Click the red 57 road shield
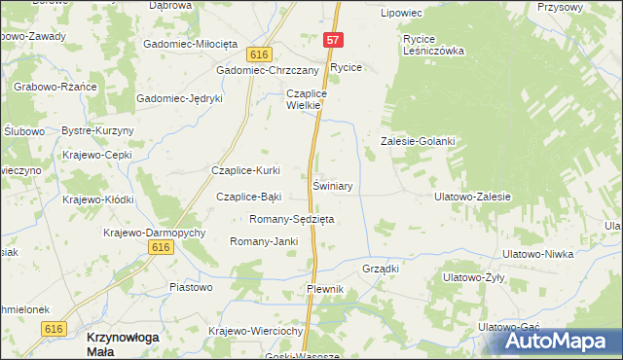[x=333, y=40]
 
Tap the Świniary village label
[x=332, y=185]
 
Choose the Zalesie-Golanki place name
[x=418, y=141]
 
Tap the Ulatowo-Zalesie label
[x=472, y=196]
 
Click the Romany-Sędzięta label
[x=292, y=219]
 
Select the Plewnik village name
[x=325, y=290]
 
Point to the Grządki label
[x=381, y=267]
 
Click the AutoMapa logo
[x=563, y=341]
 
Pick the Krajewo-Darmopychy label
[x=154, y=233]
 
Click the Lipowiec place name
[x=401, y=13]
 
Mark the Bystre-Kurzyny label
[x=97, y=130]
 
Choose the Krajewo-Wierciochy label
[x=257, y=331]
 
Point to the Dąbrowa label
[x=170, y=6]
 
